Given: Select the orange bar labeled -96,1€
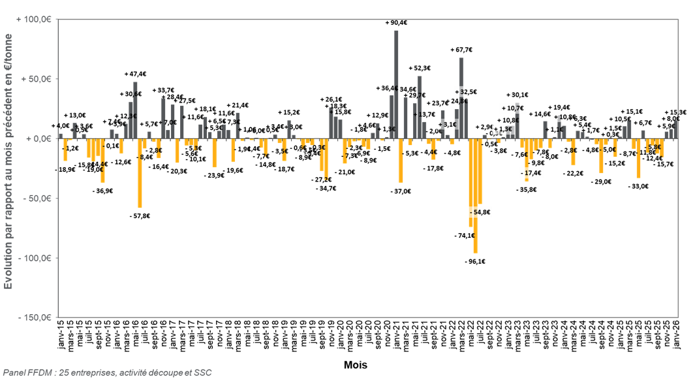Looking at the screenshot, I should [476, 196].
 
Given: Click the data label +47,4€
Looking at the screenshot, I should [135, 74].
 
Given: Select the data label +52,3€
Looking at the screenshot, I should [420, 68].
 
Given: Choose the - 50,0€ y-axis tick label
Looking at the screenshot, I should [37, 199].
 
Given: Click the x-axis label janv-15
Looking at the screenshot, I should [61, 336].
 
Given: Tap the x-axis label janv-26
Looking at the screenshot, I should [675, 336].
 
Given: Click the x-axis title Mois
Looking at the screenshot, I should [356, 365].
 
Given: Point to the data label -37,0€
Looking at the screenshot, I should [401, 191].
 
